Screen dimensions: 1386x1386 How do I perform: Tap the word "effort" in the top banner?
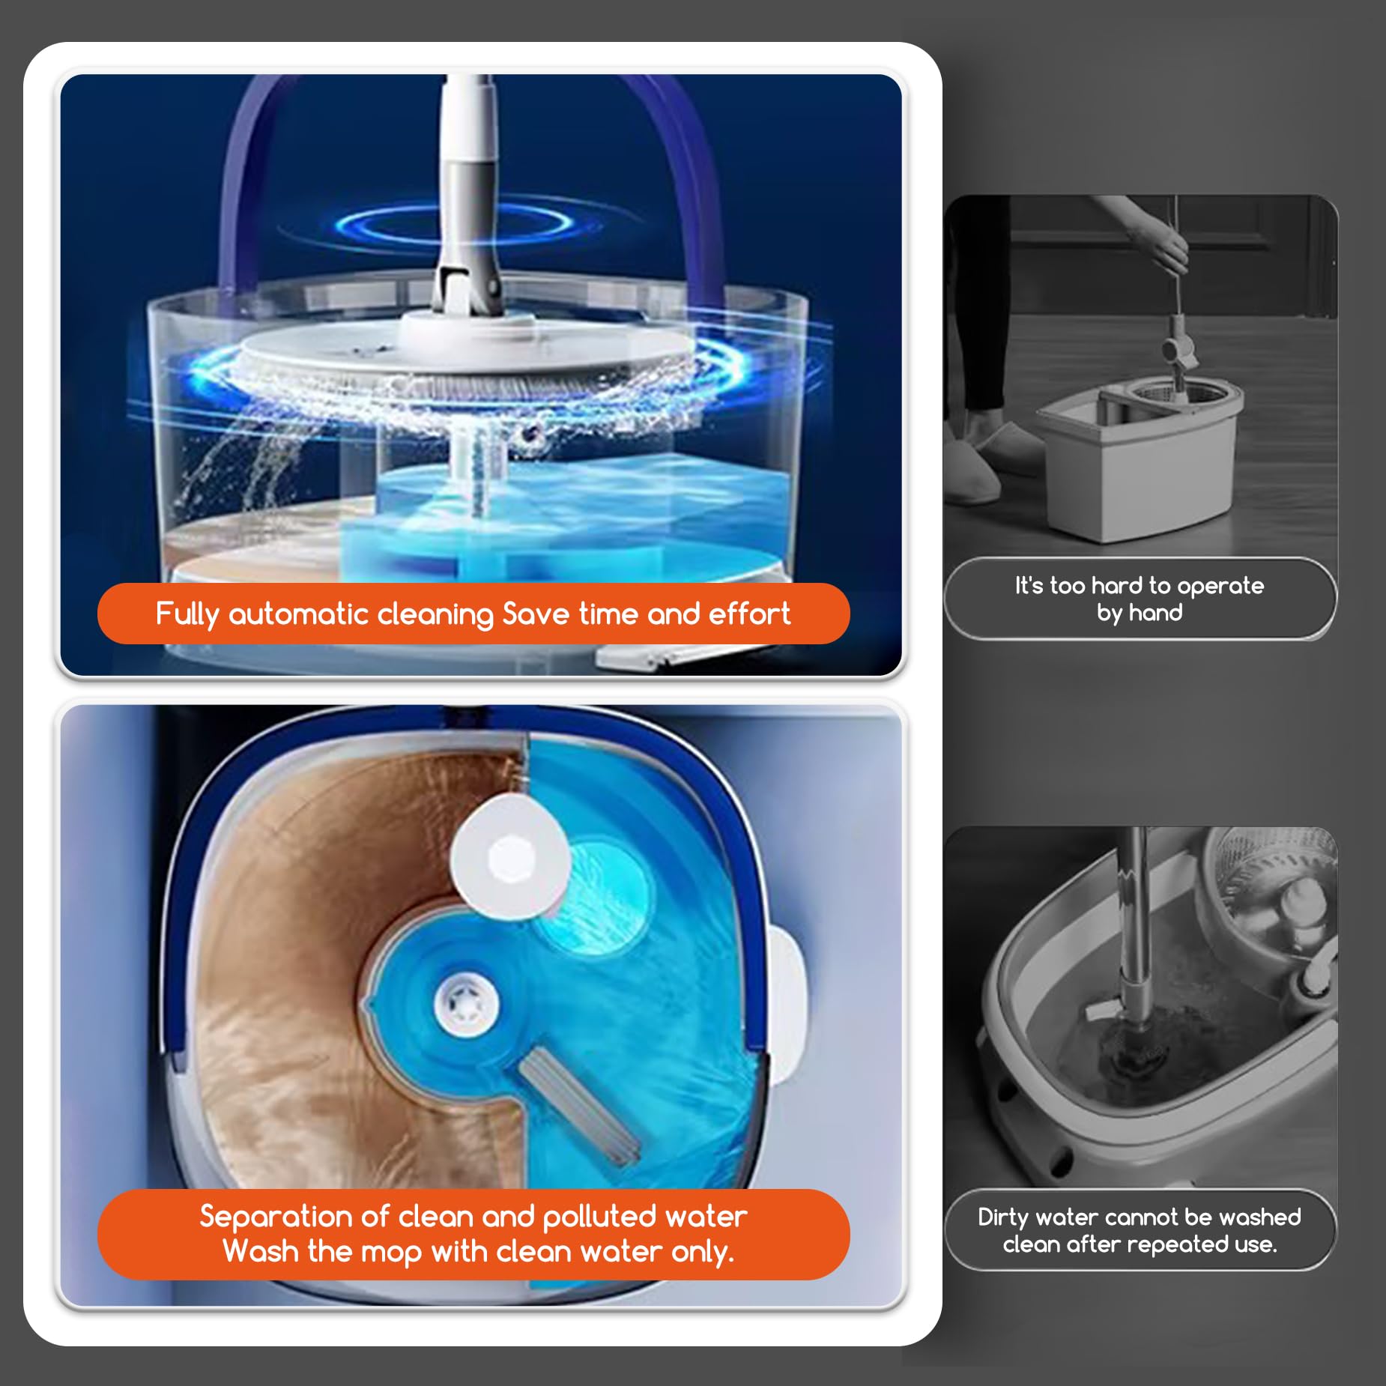point(749,614)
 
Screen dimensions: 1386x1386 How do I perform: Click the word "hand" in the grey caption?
point(1156,613)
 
